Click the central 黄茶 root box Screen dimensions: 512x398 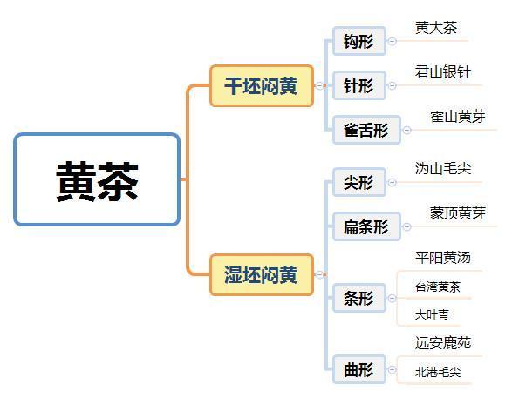[x=97, y=179]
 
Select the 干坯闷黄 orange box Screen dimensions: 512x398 [x=262, y=86]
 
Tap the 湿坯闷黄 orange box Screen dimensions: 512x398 [x=262, y=275]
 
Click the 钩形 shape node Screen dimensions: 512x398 [x=359, y=41]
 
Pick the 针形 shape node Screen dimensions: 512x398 [x=359, y=85]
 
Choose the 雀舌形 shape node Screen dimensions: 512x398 [x=366, y=130]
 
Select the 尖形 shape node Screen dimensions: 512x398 [x=359, y=182]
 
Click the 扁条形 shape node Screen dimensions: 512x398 [x=366, y=226]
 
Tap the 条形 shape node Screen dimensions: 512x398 [x=359, y=298]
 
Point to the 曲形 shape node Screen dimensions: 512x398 [x=359, y=369]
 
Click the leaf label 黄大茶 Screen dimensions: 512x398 [x=436, y=28]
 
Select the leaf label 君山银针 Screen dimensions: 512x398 [x=443, y=72]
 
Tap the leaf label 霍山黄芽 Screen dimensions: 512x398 [x=457, y=117]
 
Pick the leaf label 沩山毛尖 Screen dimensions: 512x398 [x=443, y=169]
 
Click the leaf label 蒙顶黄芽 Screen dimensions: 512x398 [x=457, y=213]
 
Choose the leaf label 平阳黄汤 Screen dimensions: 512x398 [x=443, y=258]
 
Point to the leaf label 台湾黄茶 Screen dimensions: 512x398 [x=438, y=287]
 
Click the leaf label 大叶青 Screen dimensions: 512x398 [x=432, y=314]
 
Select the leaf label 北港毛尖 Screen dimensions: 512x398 [x=438, y=372]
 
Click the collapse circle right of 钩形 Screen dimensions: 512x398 [x=393, y=41]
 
